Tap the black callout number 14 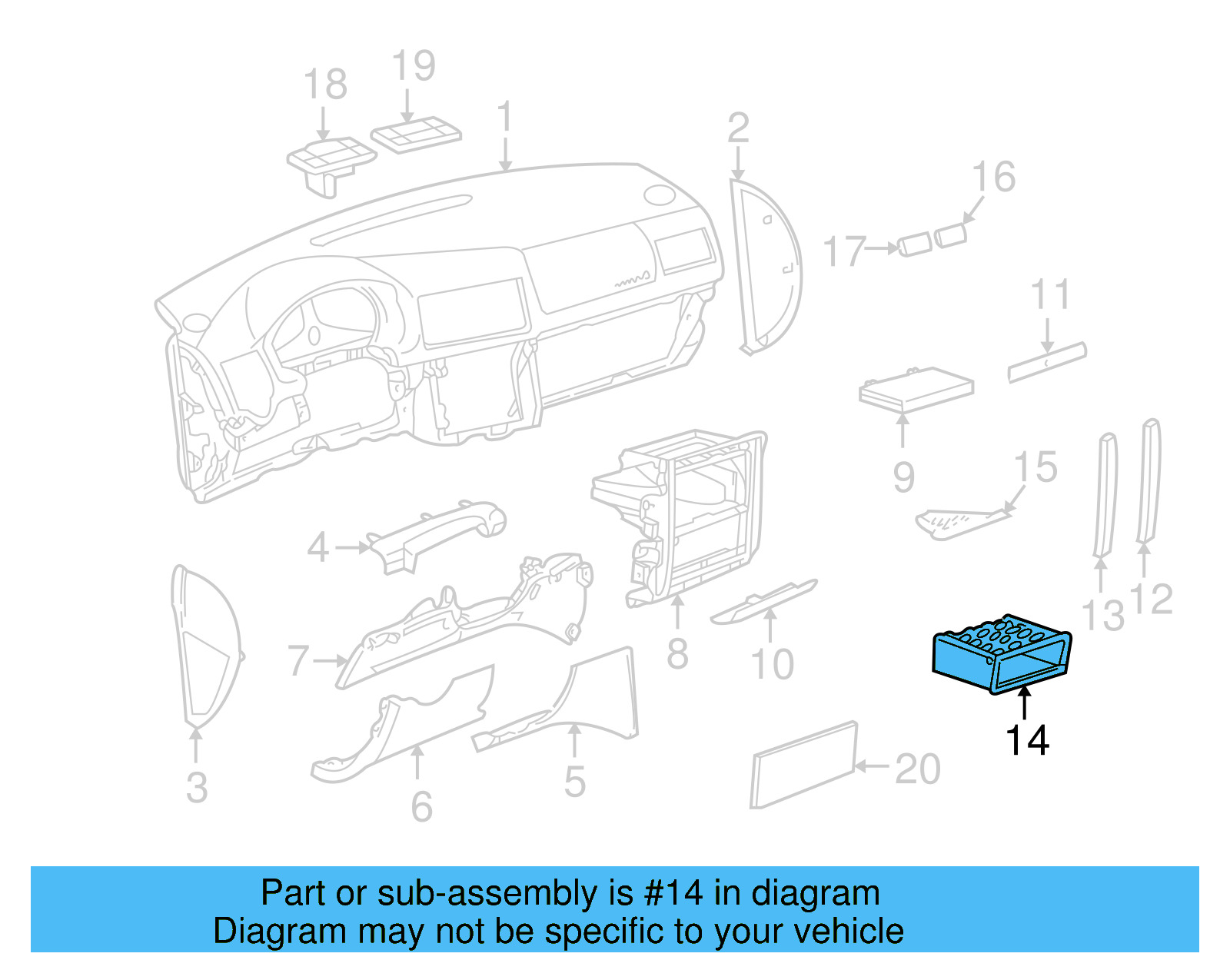[1027, 741]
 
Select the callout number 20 [917, 769]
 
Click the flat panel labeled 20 [803, 765]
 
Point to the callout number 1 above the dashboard [504, 117]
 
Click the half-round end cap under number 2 [765, 265]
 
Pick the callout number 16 [993, 178]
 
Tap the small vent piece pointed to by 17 [914, 245]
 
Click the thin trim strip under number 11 [1047, 362]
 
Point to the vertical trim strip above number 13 [1105, 496]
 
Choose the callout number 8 [677, 654]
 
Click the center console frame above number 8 [692, 515]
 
